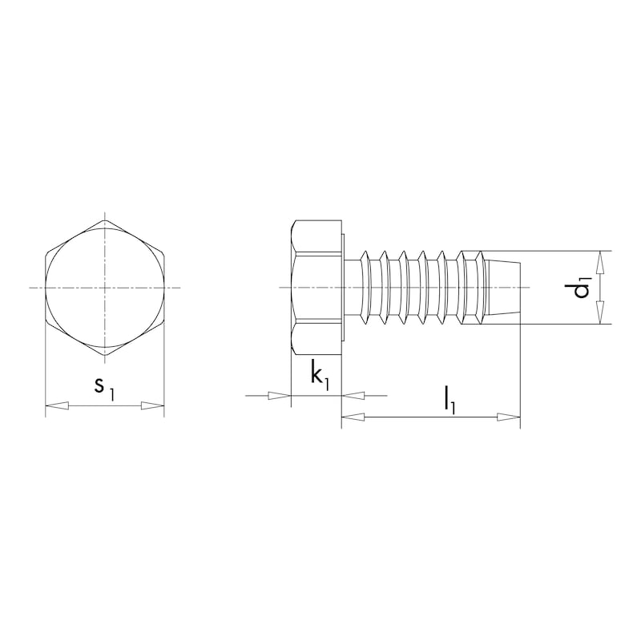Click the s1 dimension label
coord(104,386)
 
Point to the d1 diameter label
coord(583,288)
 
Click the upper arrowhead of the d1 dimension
coord(599,261)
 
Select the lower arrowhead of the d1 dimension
coord(599,314)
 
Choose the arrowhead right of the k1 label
coord(353,395)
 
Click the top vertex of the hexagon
coord(104,218)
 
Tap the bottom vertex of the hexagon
coord(104,356)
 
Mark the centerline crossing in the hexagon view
coord(104,287)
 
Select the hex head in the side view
coord(316,287)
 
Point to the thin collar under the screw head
coord(344,287)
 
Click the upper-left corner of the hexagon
coord(45,252)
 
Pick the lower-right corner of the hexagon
coord(164,322)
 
